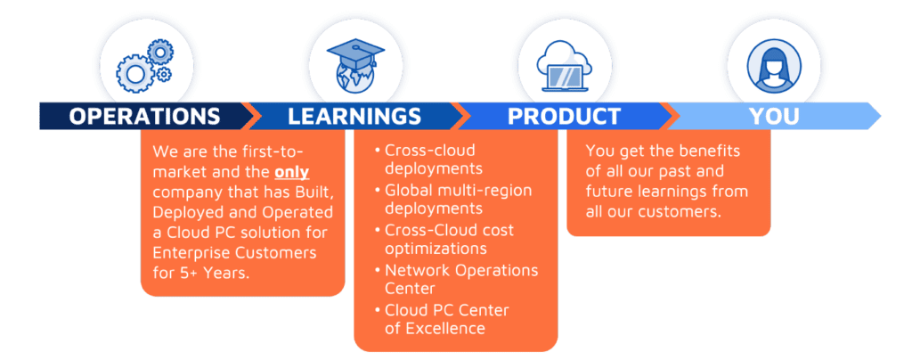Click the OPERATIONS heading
point(144,117)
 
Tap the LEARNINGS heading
point(354,117)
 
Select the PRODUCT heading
point(564,117)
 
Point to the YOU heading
point(774,117)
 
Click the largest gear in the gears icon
point(135,75)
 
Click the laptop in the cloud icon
point(564,78)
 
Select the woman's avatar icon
point(774,66)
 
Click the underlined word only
point(291,173)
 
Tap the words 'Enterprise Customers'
point(234,253)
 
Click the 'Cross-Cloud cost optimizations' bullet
point(445,239)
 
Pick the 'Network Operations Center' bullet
point(457,279)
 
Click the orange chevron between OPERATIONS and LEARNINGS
point(248,116)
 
